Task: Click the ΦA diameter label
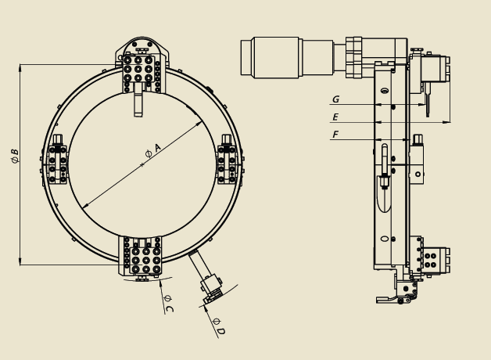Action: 152,151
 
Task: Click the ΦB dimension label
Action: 15,157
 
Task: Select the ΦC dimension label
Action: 168,304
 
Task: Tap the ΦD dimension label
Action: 219,326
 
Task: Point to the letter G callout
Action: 335,99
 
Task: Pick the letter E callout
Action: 335,117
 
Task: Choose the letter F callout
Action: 335,135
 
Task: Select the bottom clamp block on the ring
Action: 140,256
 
